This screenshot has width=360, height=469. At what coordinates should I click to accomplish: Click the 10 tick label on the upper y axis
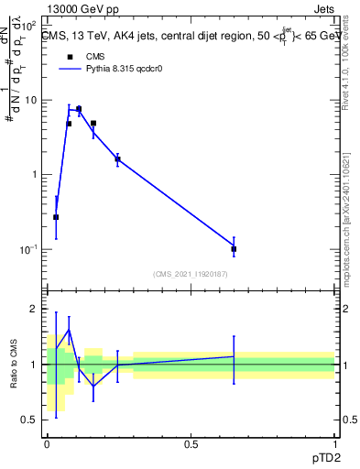(32, 100)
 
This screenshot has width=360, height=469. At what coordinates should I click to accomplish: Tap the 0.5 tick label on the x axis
(191, 444)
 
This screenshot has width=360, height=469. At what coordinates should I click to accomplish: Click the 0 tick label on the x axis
(47, 444)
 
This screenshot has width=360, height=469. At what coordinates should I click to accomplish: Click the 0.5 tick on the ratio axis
(31, 420)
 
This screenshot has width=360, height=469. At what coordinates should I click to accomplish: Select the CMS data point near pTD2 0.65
(234, 248)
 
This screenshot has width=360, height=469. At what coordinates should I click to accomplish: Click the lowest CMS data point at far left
(56, 217)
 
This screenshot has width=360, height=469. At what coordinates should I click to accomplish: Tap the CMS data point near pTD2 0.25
(117, 159)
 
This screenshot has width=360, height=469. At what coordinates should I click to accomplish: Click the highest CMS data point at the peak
(79, 109)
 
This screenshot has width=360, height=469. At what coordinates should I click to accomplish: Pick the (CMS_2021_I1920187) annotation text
(190, 273)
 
